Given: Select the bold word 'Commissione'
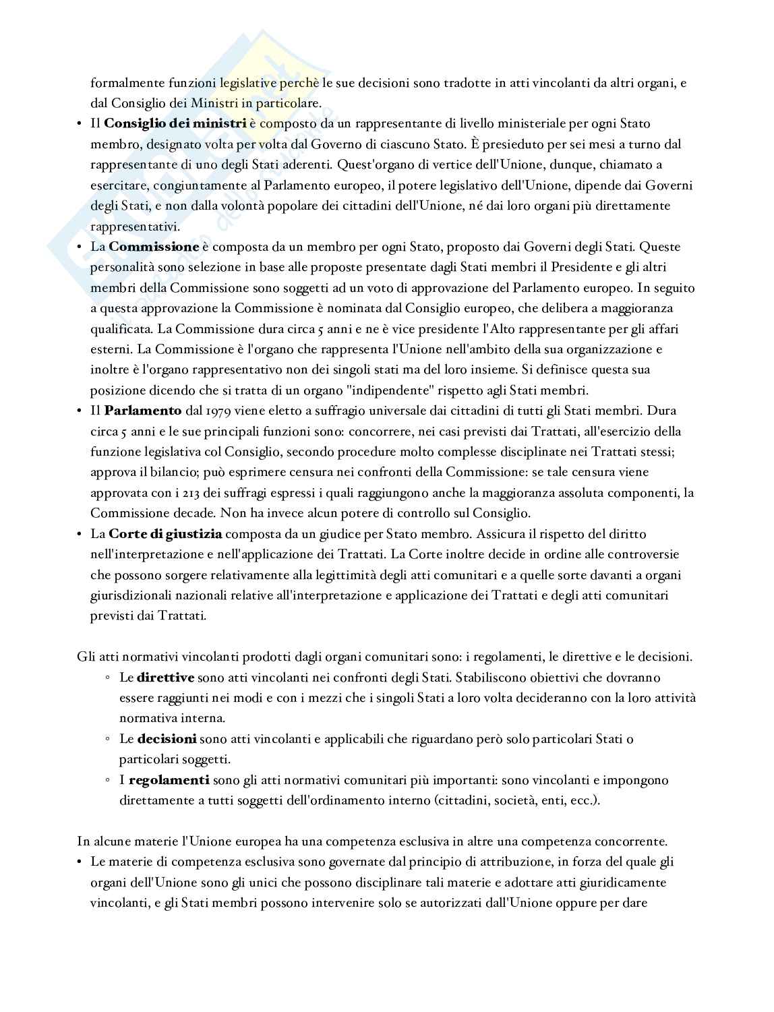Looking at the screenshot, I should (x=154, y=247).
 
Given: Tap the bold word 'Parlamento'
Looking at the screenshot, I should (x=143, y=411).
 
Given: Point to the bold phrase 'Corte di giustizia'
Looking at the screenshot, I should (x=165, y=534).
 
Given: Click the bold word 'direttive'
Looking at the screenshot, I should (x=165, y=678).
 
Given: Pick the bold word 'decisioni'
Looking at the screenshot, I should (x=167, y=739).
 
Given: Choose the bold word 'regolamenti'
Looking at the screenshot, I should (x=169, y=780).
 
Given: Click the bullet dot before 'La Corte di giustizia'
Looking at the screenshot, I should (x=80, y=534).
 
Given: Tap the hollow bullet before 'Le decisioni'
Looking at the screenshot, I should (x=108, y=739).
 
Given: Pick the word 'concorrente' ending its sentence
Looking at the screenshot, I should (x=632, y=841).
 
